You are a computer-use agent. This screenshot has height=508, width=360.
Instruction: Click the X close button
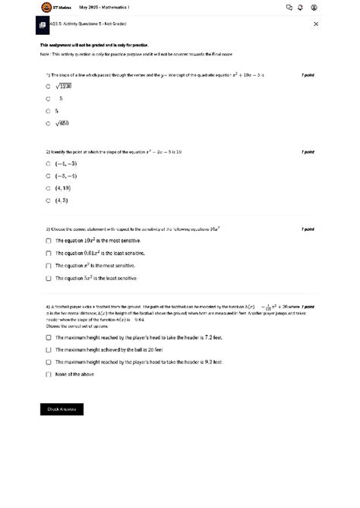point(316,24)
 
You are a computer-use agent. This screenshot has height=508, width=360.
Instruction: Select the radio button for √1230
point(48,87)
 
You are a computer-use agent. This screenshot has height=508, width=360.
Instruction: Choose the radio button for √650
point(48,123)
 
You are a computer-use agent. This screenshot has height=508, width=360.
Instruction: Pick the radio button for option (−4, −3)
point(48,163)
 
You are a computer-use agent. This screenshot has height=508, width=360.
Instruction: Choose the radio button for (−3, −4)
point(48,175)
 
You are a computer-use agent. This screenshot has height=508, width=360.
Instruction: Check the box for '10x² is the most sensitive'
point(48,240)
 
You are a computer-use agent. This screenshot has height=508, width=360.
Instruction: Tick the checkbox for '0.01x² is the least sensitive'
point(48,253)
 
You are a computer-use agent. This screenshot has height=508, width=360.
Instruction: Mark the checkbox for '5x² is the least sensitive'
point(48,279)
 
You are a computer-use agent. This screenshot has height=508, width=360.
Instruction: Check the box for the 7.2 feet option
point(48,337)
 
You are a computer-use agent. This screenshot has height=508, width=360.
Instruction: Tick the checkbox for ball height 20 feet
point(48,350)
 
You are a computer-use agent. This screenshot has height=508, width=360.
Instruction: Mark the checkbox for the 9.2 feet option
point(48,362)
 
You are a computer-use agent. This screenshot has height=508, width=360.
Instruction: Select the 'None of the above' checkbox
point(48,374)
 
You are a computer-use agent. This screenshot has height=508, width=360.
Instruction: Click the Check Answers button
point(62,409)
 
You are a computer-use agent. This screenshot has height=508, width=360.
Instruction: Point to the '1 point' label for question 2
point(308,151)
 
